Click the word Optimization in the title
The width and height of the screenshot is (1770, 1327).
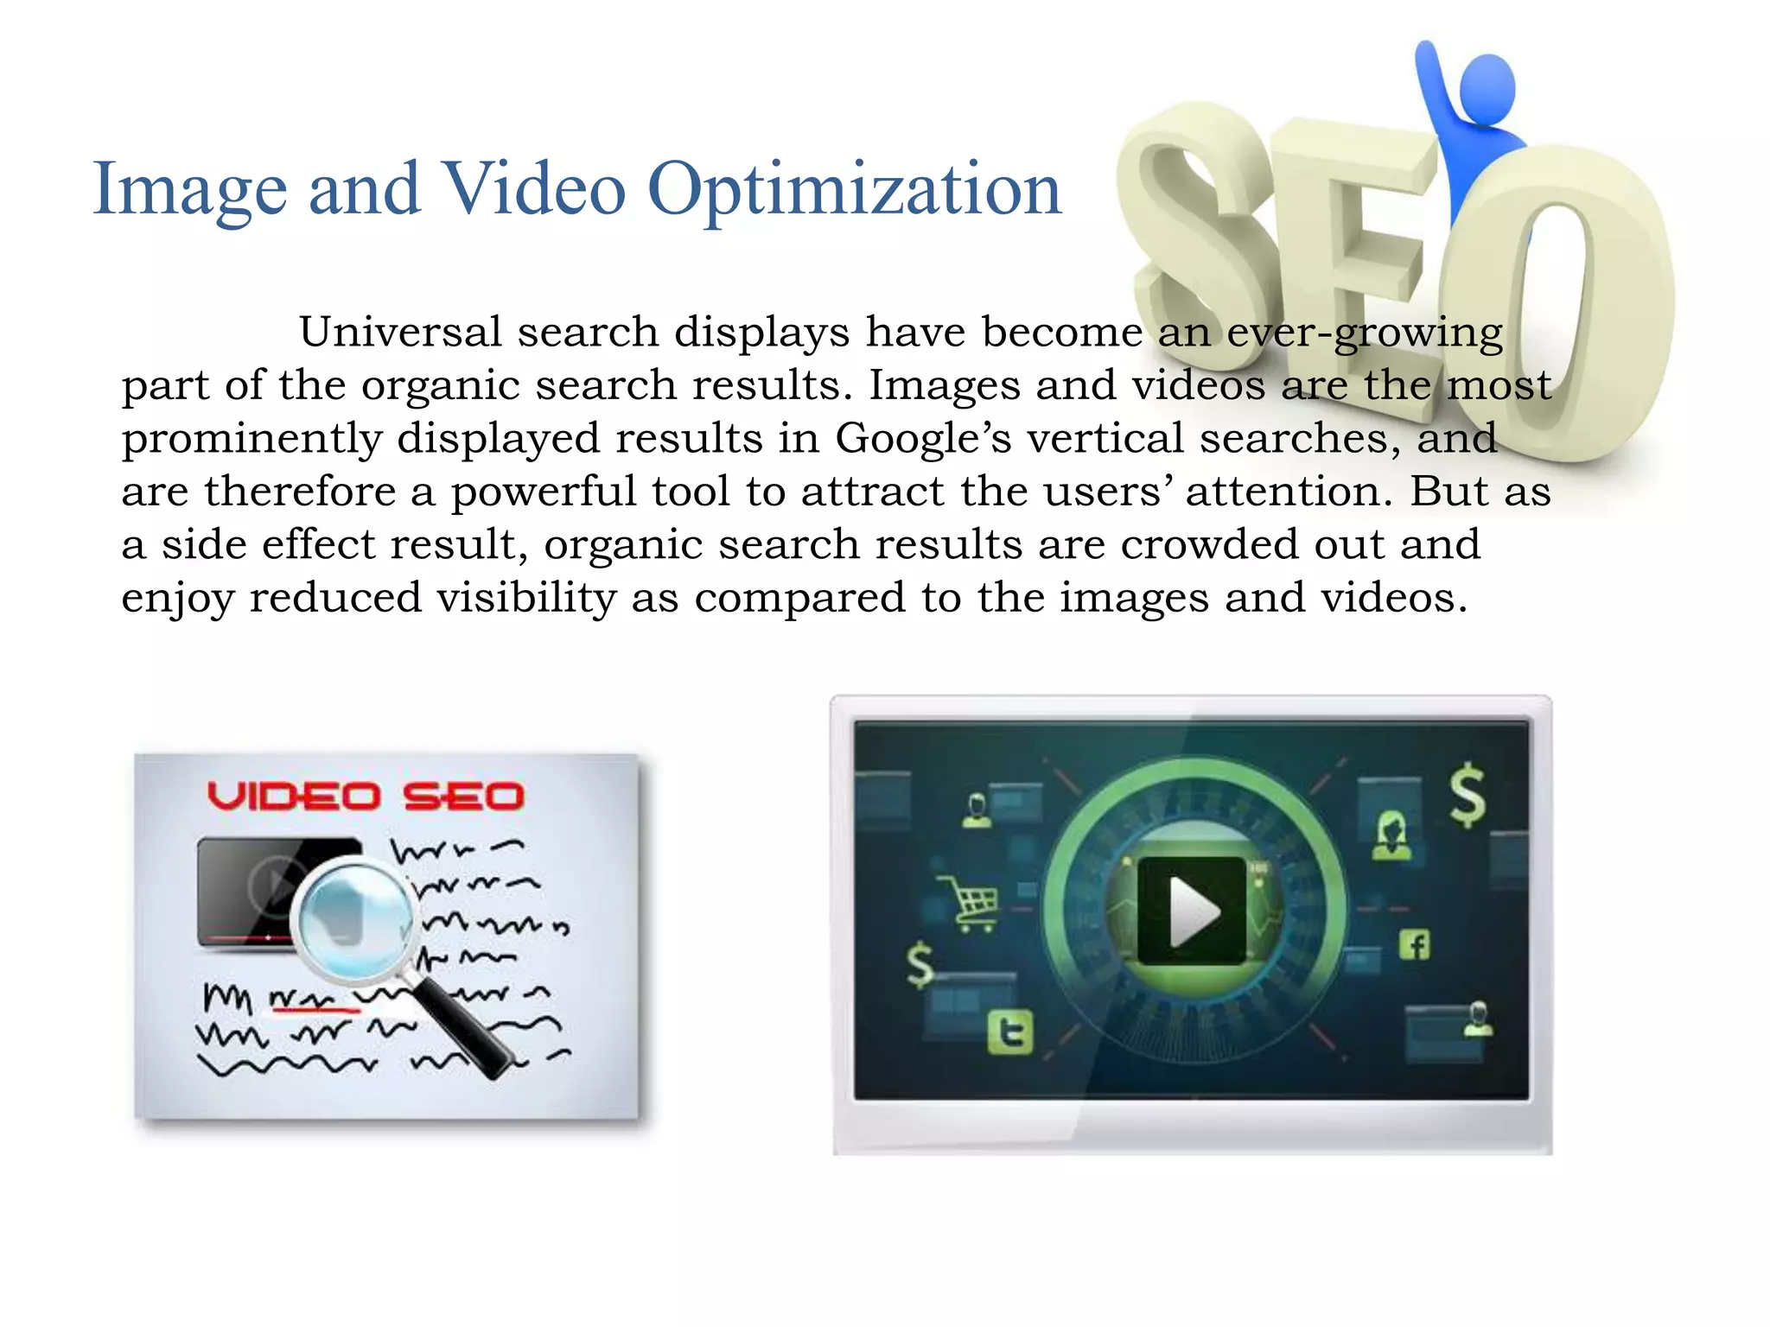tap(854, 190)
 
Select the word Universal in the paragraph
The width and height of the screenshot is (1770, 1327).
tap(400, 332)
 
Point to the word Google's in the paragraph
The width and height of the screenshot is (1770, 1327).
tap(923, 439)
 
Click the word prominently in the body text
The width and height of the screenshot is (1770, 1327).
tap(251, 439)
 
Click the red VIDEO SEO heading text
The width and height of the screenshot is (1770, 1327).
tap(366, 797)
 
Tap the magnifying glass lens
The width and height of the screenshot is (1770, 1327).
tap(353, 919)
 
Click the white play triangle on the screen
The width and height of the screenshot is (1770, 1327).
tap(1194, 911)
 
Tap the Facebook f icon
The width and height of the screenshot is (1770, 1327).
tap(1414, 945)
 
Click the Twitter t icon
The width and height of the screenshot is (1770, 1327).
tap(1010, 1032)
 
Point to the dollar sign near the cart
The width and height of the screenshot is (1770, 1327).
tap(920, 965)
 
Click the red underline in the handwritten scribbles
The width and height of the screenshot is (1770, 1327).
tap(315, 1007)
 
